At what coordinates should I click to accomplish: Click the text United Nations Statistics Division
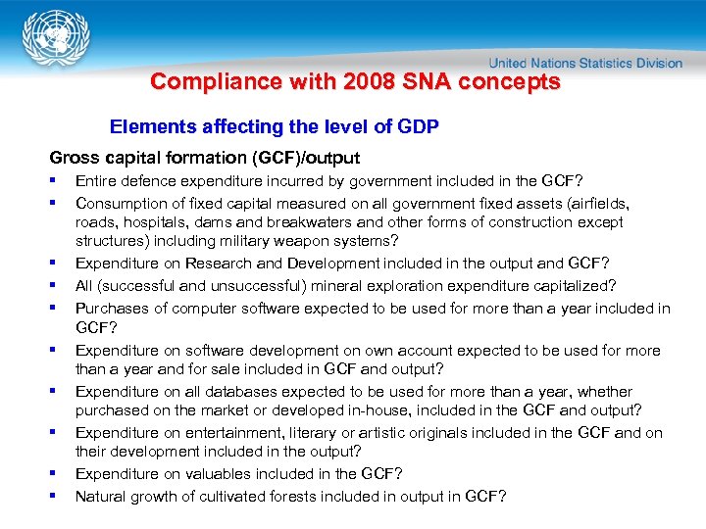585,63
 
